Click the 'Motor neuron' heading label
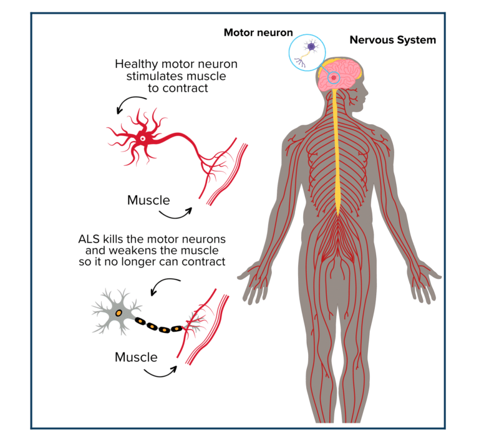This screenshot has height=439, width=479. coord(258,32)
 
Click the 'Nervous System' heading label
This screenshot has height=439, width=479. coord(392,40)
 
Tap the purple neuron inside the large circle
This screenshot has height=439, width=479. coord(311,47)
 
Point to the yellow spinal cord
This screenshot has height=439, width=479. coord(339,156)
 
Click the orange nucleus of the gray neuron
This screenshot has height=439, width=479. coord(119,312)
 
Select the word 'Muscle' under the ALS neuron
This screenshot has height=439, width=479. coord(136,357)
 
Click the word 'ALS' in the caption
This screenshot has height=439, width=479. coord(89,239)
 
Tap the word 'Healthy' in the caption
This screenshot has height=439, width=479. coord(137,64)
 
